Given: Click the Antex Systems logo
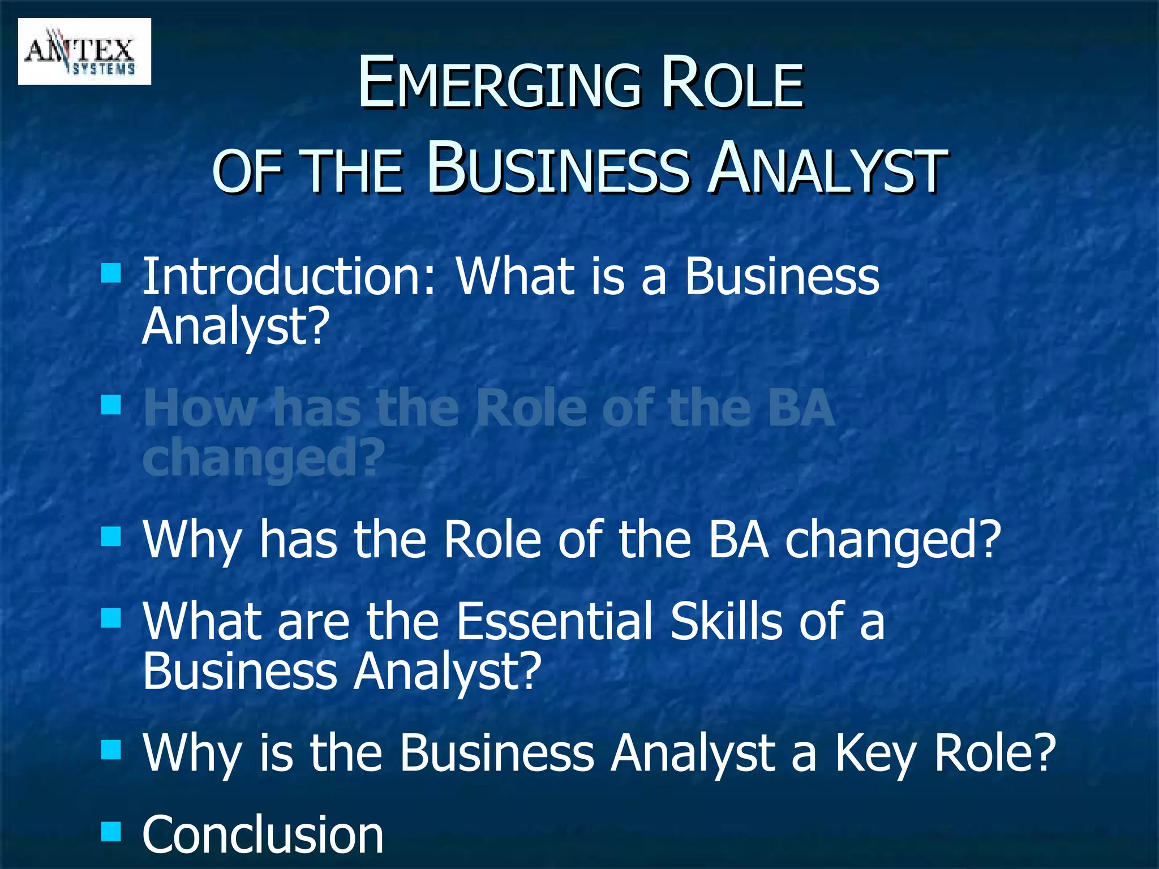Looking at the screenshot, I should tap(84, 51).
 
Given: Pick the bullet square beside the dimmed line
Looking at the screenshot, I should tap(111, 405).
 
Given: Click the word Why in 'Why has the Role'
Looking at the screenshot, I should tap(192, 540).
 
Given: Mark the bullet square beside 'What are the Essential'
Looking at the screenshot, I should tap(111, 618).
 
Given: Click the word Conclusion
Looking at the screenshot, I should tap(263, 834).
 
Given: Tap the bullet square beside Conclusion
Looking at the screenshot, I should tap(111, 831).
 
